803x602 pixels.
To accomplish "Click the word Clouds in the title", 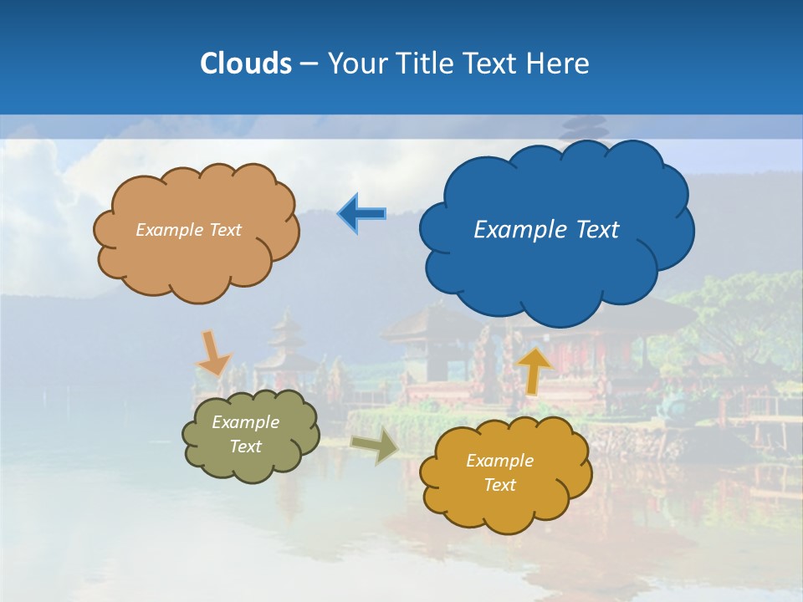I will coord(246,64).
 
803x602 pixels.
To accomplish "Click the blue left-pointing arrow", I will coord(362,214).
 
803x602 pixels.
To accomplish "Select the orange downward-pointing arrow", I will coord(213,354).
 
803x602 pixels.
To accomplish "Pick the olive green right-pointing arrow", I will coord(374,447).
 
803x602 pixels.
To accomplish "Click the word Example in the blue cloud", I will coord(516,230).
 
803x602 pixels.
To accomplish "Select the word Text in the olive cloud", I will coord(246,446).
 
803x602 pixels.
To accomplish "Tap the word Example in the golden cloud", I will coord(499,461).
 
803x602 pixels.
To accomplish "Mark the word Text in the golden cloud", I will coord(499,485).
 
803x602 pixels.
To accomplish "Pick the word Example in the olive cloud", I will coord(246,422).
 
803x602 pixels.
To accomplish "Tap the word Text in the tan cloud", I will coord(224,230).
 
